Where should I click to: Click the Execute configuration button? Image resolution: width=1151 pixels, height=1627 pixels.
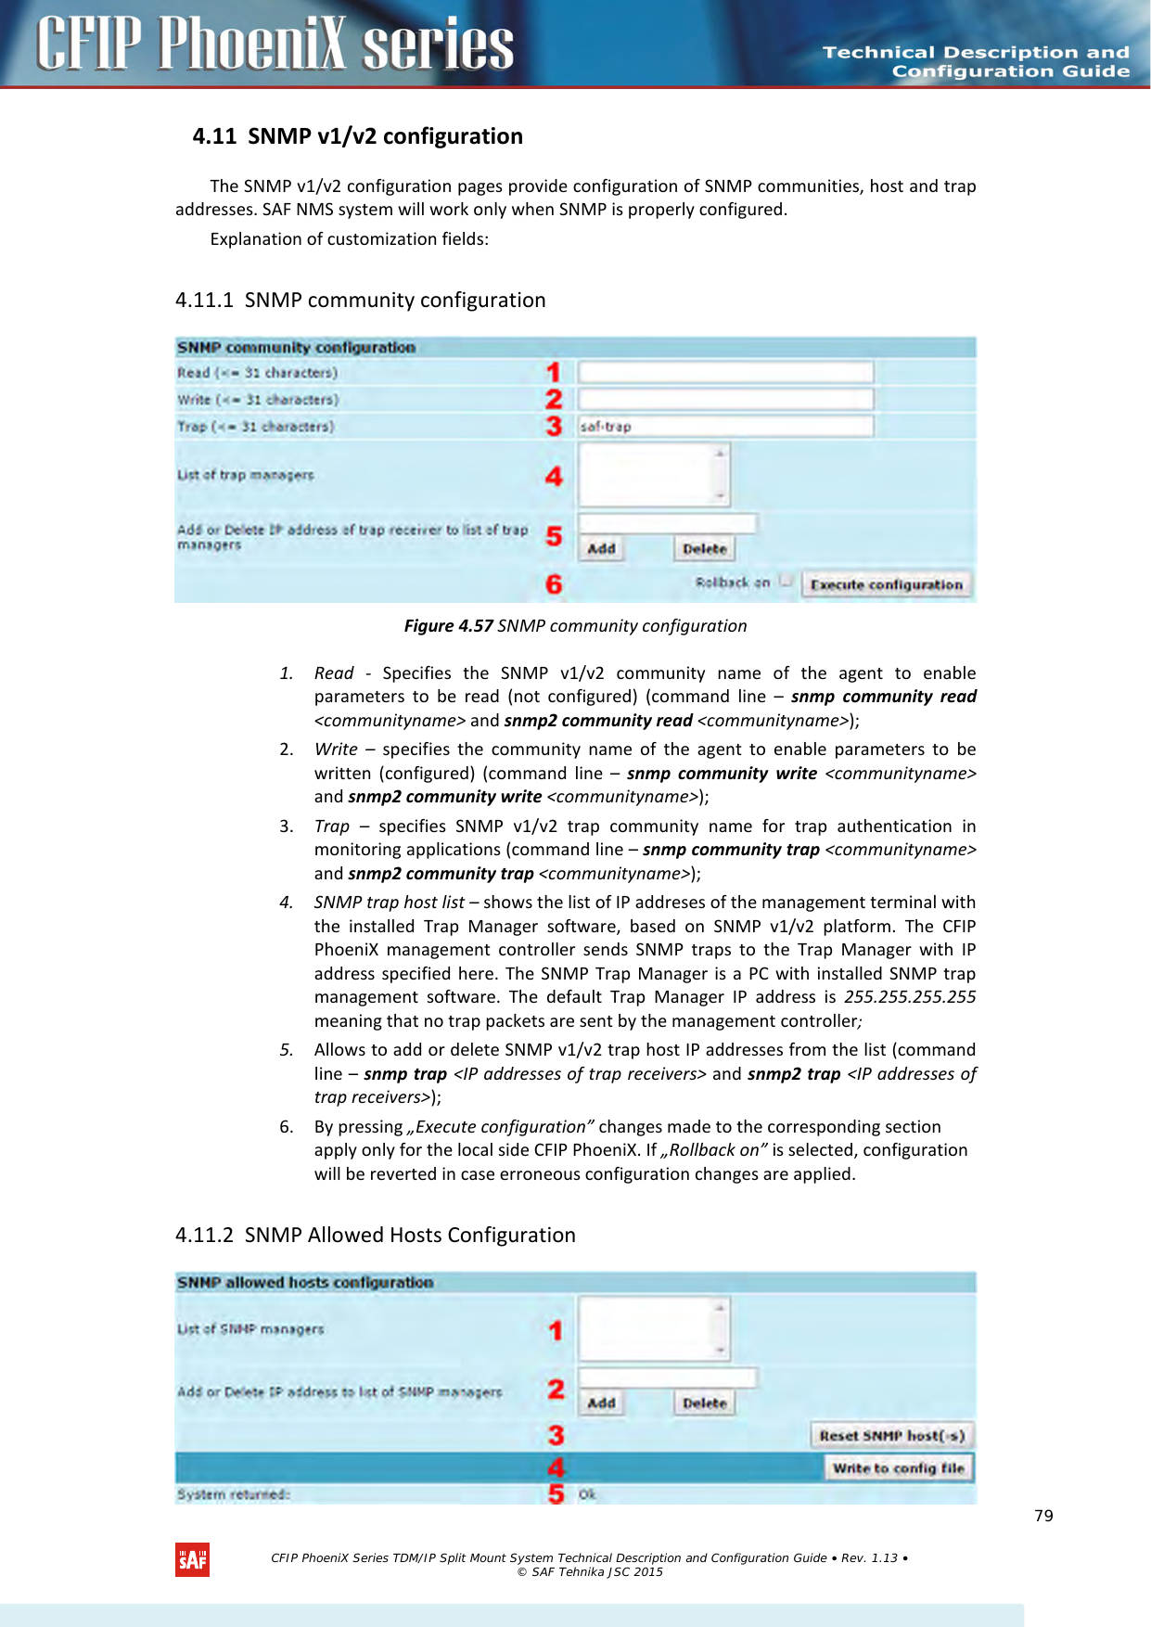coord(886,585)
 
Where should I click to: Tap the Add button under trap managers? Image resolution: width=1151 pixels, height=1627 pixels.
coord(601,549)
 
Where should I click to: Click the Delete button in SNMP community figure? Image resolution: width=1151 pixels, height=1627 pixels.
coord(704,549)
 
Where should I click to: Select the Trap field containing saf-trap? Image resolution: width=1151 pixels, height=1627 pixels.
coord(725,427)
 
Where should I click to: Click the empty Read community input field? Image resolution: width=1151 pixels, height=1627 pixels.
coord(725,373)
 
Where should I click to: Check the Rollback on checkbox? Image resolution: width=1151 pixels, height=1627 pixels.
coord(787,582)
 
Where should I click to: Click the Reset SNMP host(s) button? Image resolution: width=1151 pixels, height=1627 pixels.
coord(891,1436)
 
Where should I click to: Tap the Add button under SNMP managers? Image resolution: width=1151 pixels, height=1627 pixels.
coord(601,1403)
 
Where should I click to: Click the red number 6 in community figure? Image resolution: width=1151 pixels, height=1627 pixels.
coord(554,584)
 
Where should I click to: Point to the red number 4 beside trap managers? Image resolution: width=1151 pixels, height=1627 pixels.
coord(554,477)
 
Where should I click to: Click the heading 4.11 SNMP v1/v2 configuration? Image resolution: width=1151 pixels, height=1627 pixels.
coord(357,136)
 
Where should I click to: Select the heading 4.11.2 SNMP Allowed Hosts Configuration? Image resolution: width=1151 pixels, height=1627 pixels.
coord(375,1236)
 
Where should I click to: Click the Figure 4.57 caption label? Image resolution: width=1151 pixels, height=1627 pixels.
coord(448,626)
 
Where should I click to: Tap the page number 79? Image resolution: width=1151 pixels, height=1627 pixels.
coord(1043,1516)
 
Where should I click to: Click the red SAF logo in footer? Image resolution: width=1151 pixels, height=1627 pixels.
coord(192,1560)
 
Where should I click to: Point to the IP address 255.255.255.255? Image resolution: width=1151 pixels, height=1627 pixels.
coord(909,997)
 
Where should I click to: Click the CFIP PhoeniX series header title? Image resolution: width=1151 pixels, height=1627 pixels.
coord(275,44)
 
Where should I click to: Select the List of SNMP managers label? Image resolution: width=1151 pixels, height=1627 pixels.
coord(250,1329)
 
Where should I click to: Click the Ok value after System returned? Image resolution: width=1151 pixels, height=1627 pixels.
coord(587,1494)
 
